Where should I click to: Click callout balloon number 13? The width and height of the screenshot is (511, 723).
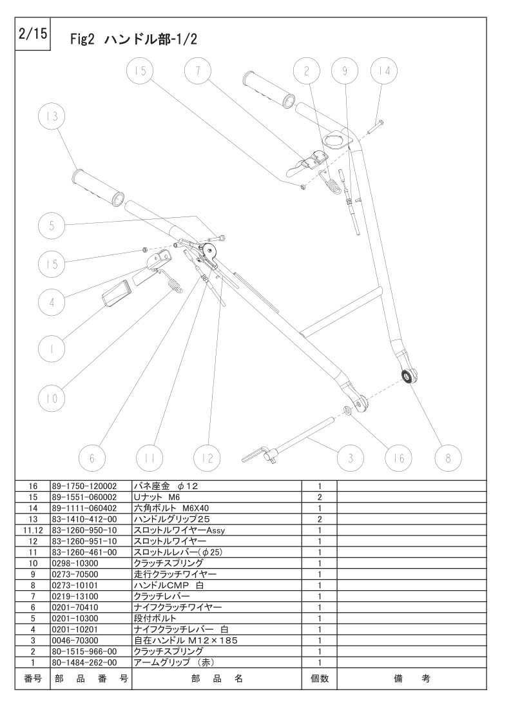52,116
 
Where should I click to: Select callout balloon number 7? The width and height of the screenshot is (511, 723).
198,70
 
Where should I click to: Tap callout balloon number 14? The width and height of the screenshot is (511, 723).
384,70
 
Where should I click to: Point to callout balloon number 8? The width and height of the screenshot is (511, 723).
448,458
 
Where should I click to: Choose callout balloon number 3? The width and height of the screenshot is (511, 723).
351,458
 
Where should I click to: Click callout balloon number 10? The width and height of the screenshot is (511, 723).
52,398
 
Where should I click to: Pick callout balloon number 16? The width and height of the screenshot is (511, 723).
399,458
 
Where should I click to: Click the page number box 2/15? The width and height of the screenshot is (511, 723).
33,34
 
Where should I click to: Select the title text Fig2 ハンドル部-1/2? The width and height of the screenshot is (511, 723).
134,40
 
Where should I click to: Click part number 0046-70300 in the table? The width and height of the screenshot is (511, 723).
75,641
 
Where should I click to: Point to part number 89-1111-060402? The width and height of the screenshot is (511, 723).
85,508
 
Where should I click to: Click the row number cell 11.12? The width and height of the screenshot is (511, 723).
33,530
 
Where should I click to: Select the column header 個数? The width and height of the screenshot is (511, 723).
320,679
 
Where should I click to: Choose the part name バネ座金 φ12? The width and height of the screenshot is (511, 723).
166,486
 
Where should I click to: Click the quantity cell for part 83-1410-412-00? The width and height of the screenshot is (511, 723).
320,519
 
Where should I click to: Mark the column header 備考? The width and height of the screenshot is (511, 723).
412,679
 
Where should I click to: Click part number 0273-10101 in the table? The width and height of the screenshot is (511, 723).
75,586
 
